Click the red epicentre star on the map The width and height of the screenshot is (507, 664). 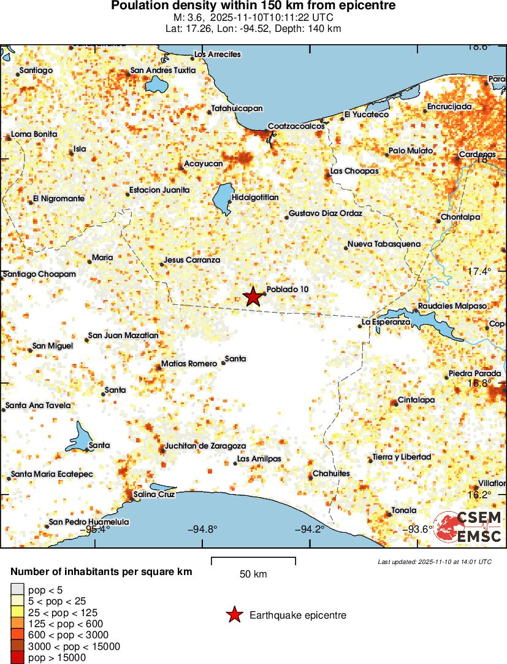[x=253, y=296]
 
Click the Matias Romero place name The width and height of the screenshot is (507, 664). [x=189, y=363]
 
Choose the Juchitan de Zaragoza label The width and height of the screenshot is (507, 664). [x=205, y=446]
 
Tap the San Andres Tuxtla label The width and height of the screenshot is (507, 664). [x=163, y=71]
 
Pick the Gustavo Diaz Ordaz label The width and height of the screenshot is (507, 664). [x=325, y=214]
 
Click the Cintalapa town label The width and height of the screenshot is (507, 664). [x=416, y=400]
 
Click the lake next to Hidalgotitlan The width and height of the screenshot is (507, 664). [x=221, y=199]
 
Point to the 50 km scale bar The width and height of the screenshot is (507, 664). [x=253, y=560]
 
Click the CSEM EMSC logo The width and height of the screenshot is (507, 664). [x=469, y=527]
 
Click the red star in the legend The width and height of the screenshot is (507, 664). [x=234, y=615]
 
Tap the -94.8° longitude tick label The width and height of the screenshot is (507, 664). [x=202, y=530]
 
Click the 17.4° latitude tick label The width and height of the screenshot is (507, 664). [x=479, y=271]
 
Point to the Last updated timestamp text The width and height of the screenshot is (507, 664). [x=434, y=562]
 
